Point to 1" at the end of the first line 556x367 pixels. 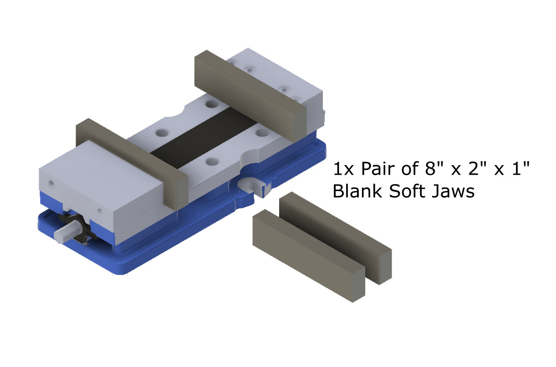[x=521, y=168]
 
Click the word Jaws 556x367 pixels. [x=453, y=191]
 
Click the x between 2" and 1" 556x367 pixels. [x=499, y=171]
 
